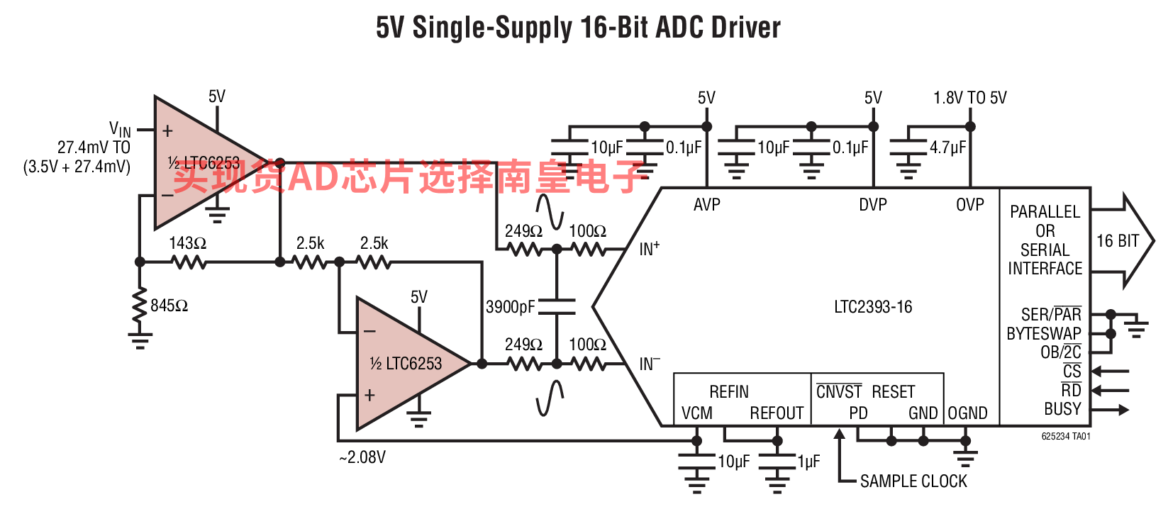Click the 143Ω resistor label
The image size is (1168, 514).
coord(188,243)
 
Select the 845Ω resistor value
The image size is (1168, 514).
coord(169,306)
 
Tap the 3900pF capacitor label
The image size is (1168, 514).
coord(511,307)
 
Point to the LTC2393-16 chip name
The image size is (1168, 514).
coord(873,307)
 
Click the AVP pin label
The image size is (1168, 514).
coord(706,205)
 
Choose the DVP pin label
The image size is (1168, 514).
coord(873,205)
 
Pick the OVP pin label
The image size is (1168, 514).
coord(970,205)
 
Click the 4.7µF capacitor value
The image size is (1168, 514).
coord(948,148)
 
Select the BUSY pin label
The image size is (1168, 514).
coord(1062,409)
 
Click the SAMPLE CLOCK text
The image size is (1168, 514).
coord(913,481)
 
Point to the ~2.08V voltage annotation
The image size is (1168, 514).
coord(362,457)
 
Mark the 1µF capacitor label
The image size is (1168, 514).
coord(808,462)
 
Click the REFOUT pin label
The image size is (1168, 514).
coord(777,413)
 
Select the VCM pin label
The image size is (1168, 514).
coord(696,413)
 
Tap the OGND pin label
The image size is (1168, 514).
coord(968,413)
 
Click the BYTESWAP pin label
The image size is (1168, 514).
coord(1044,334)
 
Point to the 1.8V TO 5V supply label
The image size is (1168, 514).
coord(970,98)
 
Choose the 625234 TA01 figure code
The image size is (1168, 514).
coord(1066,436)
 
